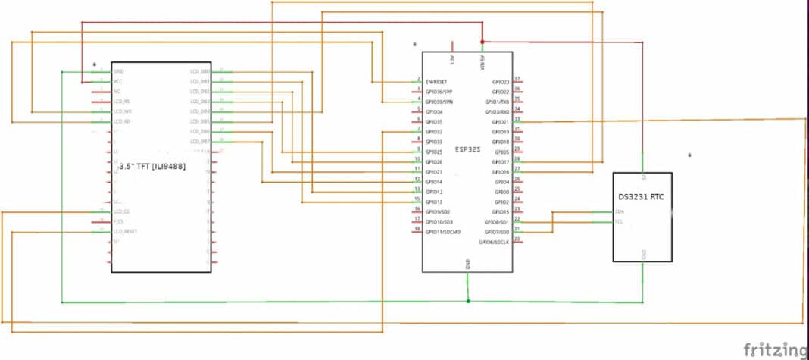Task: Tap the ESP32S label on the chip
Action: click(x=467, y=150)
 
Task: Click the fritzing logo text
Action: click(x=774, y=349)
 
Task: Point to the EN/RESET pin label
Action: click(x=436, y=81)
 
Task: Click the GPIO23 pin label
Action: click(x=501, y=81)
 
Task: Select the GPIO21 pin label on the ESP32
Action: click(x=501, y=121)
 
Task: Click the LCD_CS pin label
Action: click(x=121, y=211)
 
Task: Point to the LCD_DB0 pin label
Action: click(x=200, y=71)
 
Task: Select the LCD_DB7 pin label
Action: click(x=200, y=142)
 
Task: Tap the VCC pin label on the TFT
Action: click(x=117, y=81)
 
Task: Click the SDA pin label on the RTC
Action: click(x=620, y=211)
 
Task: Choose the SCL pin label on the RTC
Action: click(x=620, y=221)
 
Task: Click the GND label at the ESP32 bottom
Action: click(x=467, y=265)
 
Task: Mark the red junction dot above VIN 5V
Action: click(x=483, y=42)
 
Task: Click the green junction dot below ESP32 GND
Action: click(x=468, y=302)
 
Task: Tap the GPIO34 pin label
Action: click(x=433, y=111)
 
